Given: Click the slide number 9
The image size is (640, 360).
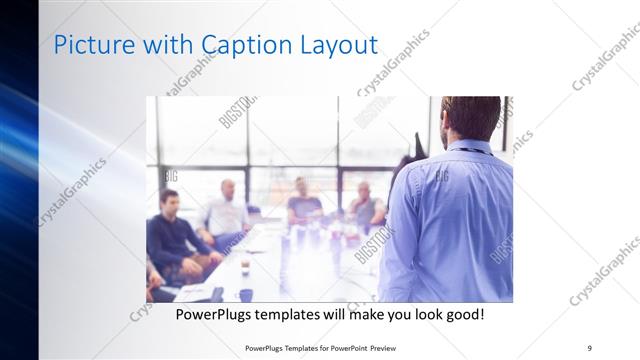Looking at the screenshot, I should (x=589, y=347).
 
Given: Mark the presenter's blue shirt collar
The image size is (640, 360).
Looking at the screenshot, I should (x=468, y=148).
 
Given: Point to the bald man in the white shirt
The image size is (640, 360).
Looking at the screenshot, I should (x=228, y=212).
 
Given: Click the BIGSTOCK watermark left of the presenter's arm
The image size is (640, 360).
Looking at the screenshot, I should (x=375, y=245).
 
